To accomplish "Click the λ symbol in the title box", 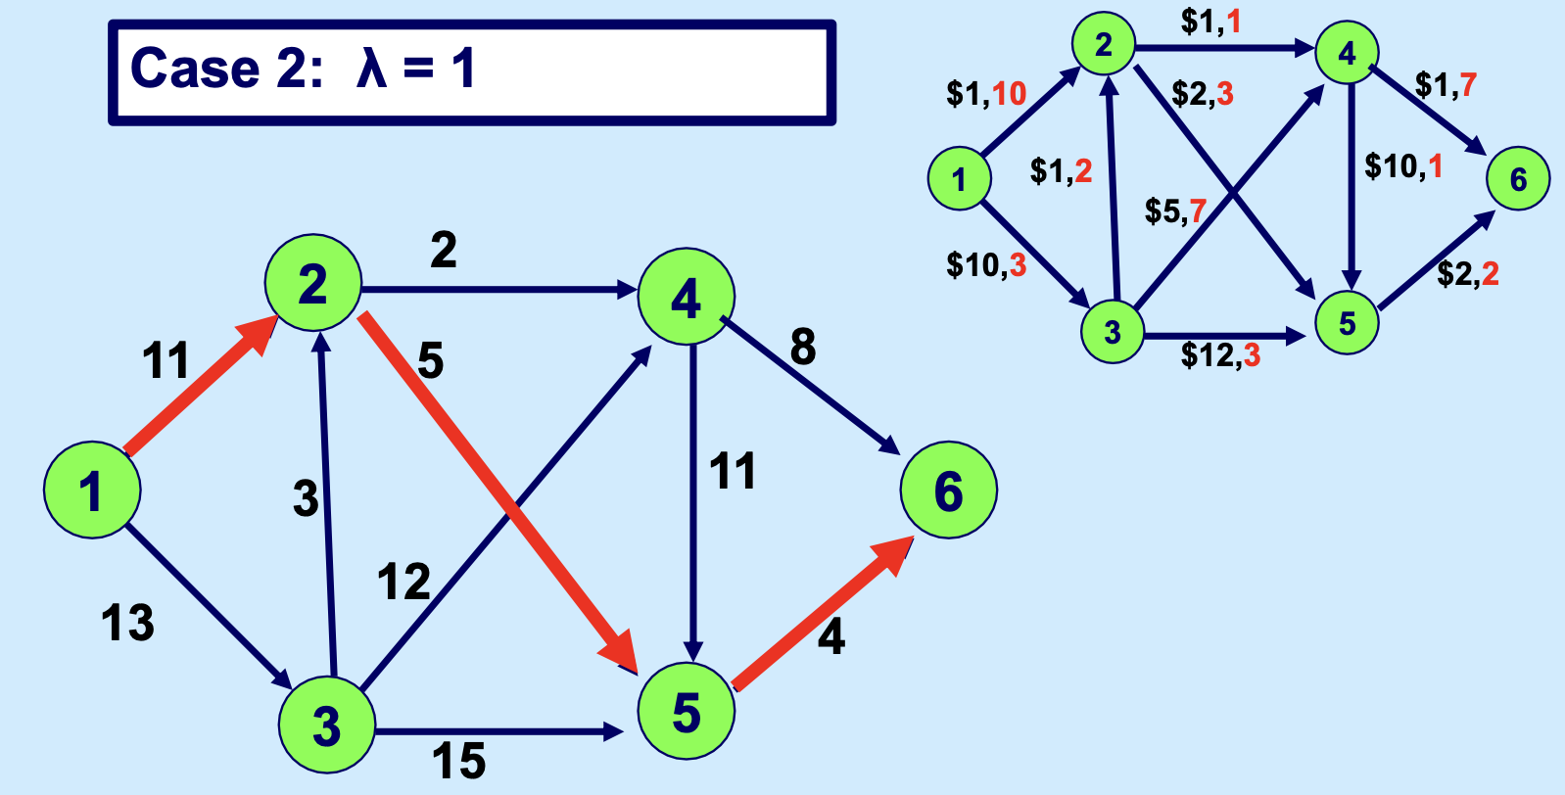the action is click(371, 69).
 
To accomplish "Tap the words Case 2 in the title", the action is click(226, 69).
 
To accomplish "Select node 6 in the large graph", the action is click(949, 490).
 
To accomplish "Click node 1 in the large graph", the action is click(92, 490).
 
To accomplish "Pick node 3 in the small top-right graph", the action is click(1113, 332).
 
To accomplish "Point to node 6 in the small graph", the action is click(1518, 179).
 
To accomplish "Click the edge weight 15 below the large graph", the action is click(459, 761).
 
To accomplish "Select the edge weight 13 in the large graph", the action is click(128, 623).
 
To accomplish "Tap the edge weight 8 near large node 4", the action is click(803, 347).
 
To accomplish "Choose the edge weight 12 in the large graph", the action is click(403, 582).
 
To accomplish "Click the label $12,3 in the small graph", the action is click(1220, 354).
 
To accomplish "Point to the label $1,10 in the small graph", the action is click(986, 93).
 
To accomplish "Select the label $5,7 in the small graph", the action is click(1176, 210).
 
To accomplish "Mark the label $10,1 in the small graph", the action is click(1403, 166).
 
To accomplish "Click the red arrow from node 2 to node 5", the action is click(498, 493).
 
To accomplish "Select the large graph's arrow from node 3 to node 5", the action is click(498, 732).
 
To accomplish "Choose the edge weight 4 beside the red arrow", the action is click(830, 637).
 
